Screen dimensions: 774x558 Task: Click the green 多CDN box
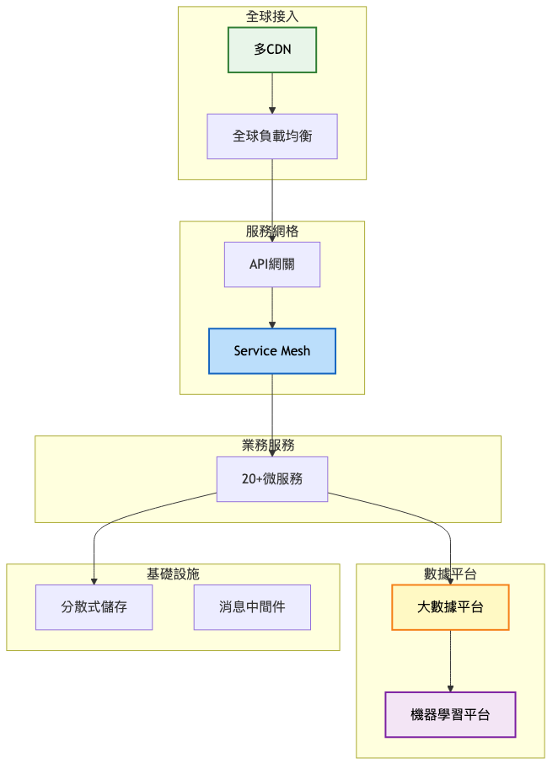(x=271, y=50)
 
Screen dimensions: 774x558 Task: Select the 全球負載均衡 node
(x=271, y=136)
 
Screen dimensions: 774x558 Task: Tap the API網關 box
(x=271, y=264)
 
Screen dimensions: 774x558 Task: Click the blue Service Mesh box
(x=271, y=350)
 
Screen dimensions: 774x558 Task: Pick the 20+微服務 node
(x=271, y=478)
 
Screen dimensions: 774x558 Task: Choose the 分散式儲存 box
(x=94, y=607)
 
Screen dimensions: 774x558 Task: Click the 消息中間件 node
(x=252, y=607)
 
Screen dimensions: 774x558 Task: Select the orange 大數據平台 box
(x=450, y=607)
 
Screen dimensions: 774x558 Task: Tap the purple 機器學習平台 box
(x=450, y=714)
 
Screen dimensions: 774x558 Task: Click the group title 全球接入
(x=271, y=16)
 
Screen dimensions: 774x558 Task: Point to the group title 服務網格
(x=271, y=231)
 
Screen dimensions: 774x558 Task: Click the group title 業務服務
(x=268, y=445)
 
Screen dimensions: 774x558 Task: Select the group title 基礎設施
(x=173, y=574)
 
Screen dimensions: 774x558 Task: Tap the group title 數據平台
(x=450, y=574)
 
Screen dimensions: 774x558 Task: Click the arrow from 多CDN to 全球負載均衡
(x=271, y=93)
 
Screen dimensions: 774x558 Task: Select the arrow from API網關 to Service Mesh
(x=271, y=307)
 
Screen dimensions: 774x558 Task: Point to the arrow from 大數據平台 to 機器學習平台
(x=450, y=661)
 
